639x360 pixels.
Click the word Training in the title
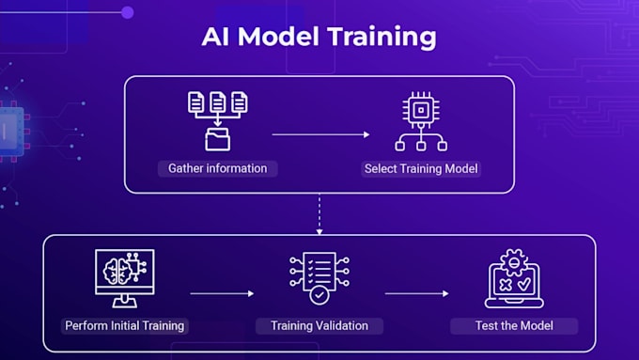click(x=382, y=38)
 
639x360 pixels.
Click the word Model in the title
click(x=278, y=37)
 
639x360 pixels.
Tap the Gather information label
click(x=218, y=168)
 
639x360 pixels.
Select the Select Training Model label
click(x=421, y=169)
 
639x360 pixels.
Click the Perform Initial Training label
click(x=124, y=326)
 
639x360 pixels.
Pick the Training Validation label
click(x=319, y=326)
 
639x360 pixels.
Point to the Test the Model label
click(x=514, y=326)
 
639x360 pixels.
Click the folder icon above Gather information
click(x=218, y=139)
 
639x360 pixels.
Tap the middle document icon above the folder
click(x=218, y=102)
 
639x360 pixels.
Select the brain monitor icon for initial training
click(x=125, y=278)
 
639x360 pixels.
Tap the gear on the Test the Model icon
click(x=514, y=262)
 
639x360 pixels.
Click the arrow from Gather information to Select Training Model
click(x=320, y=134)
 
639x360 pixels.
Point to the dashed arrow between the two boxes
click(x=319, y=214)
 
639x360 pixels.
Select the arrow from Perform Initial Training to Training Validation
click(x=222, y=293)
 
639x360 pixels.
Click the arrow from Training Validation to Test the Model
click(x=417, y=293)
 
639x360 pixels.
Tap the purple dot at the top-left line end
click(x=128, y=12)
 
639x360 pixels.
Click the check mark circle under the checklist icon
click(x=319, y=295)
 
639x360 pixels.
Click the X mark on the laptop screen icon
click(x=506, y=285)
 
